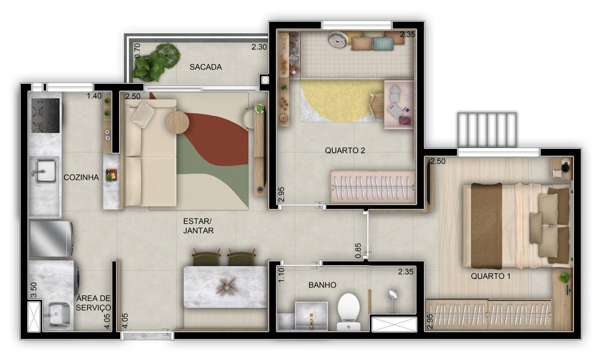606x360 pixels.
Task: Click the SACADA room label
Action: (206, 67)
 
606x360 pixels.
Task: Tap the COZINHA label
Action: (81, 177)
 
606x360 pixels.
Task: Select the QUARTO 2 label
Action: (345, 150)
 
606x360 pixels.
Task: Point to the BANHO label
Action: (322, 285)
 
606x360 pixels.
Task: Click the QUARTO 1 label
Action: (490, 276)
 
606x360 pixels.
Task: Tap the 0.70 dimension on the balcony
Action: (137, 50)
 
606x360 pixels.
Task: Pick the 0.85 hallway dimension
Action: (358, 251)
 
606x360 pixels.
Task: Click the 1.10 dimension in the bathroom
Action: (281, 275)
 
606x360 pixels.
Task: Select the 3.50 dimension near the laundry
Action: (34, 290)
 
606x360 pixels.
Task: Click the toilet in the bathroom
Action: (349, 312)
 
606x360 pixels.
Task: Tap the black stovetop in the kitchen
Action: (45, 116)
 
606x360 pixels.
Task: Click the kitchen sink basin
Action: (46, 171)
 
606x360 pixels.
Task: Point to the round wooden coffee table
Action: (178, 123)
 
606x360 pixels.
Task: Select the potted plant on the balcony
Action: (156, 62)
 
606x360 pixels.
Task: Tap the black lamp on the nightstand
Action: (566, 166)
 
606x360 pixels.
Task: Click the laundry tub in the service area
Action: (58, 315)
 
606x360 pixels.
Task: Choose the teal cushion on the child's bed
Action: (383, 44)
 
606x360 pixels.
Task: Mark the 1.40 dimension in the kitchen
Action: (94, 96)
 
